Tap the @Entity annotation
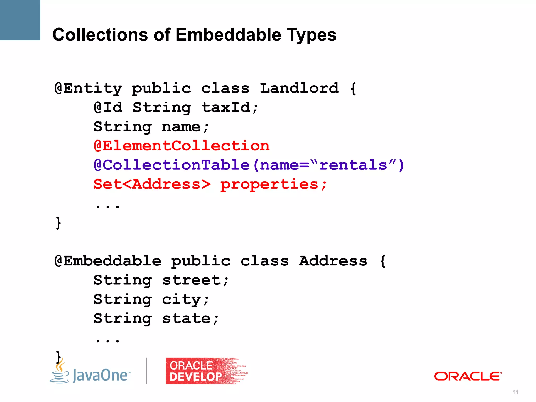point(88,88)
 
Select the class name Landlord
point(299,88)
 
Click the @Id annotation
point(108,108)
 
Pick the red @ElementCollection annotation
point(181,146)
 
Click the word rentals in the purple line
point(353,165)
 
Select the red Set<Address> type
point(152,184)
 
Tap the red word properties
point(269,185)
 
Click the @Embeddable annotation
point(108,261)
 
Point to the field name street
point(192,280)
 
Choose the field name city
point(182,300)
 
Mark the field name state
point(187,319)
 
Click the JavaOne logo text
point(101,375)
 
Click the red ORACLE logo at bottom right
point(468,376)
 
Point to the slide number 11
point(516,392)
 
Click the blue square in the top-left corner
point(20,20)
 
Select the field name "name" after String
point(181,127)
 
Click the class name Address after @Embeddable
point(333,261)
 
